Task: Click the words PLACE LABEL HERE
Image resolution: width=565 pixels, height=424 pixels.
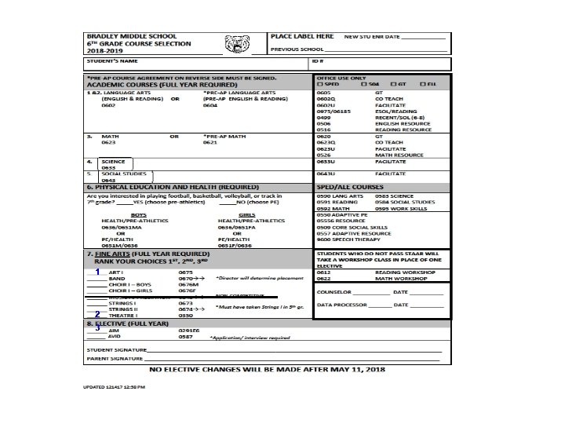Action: pos(302,37)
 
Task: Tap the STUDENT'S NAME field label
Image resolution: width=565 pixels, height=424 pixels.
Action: pos(113,61)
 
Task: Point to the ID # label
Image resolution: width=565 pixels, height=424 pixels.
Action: pos(317,61)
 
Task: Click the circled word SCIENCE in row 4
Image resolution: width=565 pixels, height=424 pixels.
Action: pos(114,161)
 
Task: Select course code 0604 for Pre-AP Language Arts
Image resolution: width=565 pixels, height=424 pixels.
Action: pos(210,105)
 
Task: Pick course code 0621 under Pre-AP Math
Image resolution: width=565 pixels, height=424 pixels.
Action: pos(210,143)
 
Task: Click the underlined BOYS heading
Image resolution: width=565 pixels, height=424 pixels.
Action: pos(138,214)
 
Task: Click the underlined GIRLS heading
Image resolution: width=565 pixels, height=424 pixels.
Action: pos(246,214)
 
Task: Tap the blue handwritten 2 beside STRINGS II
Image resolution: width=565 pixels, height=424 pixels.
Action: pos(97,313)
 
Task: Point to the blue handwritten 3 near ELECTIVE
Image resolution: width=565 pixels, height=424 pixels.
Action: pos(97,327)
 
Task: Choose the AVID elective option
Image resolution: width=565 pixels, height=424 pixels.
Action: pos(115,337)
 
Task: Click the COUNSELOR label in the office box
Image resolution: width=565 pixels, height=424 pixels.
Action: pos(334,291)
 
